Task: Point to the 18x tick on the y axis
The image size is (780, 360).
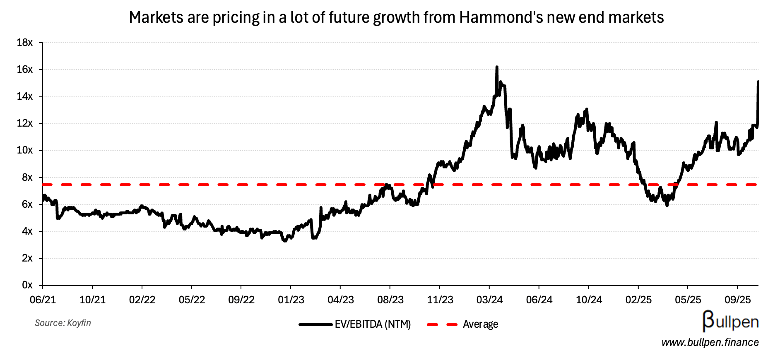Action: click(24, 43)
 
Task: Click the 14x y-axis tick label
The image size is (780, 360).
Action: click(24, 96)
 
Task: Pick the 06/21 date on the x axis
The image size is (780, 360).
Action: click(43, 300)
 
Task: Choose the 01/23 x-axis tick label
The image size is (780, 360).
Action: click(291, 300)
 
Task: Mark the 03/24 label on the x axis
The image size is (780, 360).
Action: click(489, 300)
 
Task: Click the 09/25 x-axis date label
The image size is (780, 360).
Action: click(737, 300)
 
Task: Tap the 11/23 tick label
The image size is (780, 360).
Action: click(440, 300)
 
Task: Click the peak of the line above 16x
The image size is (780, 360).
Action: click(497, 67)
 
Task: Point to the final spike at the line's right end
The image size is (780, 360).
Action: click(758, 82)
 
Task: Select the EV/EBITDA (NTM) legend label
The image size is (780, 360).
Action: click(373, 324)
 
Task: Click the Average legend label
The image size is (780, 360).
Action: click(480, 324)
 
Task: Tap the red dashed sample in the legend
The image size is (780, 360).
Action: click(442, 324)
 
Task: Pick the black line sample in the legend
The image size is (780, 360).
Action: click(315, 324)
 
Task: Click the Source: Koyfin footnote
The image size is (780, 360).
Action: click(63, 323)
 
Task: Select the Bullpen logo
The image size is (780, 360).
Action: click(730, 322)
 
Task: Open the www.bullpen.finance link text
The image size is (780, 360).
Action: click(710, 343)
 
